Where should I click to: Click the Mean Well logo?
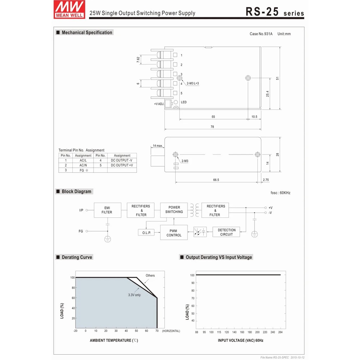(69, 9)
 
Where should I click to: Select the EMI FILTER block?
(107, 210)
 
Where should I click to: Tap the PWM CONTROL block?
(174, 233)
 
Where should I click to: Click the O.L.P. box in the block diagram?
(146, 233)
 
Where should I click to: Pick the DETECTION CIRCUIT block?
(226, 232)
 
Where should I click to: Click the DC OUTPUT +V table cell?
(122, 165)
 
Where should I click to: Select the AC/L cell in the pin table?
(83, 161)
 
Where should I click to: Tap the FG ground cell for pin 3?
(83, 170)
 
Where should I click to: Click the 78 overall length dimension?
(212, 127)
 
